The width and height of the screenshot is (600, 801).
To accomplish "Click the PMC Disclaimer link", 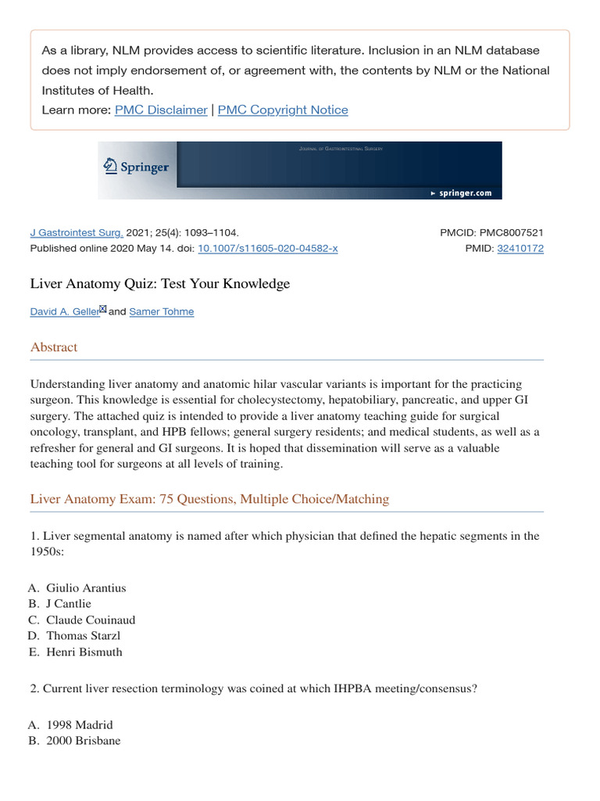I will tap(161, 110).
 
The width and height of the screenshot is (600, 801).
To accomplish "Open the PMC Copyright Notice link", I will tap(283, 110).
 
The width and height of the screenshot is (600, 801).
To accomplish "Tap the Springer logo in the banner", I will tap(137, 166).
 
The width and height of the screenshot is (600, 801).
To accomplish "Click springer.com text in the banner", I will tap(465, 192).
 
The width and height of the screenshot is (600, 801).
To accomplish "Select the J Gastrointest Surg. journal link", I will tap(77, 232).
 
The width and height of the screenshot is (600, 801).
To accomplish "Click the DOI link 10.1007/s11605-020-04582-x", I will tap(268, 248).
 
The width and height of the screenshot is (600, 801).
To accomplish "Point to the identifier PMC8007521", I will tap(512, 232).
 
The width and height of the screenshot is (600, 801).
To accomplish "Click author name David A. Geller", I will tap(64, 311).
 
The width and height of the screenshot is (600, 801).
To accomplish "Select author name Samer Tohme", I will tap(162, 311).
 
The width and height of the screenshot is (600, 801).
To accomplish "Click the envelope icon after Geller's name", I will tap(102, 309).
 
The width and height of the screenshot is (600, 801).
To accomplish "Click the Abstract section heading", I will tap(54, 347).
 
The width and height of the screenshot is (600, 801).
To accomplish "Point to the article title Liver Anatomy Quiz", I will tap(159, 283).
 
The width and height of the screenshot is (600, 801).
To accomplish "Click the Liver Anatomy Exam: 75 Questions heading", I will tap(209, 498).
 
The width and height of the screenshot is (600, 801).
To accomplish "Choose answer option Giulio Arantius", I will tap(86, 587).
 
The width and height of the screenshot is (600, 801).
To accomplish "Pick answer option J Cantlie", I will tap(69, 604).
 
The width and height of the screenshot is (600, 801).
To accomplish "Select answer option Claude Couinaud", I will tap(91, 620).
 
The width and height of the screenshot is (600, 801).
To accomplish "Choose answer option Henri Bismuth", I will tap(84, 652).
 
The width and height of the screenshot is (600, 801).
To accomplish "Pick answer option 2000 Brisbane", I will tap(84, 739).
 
